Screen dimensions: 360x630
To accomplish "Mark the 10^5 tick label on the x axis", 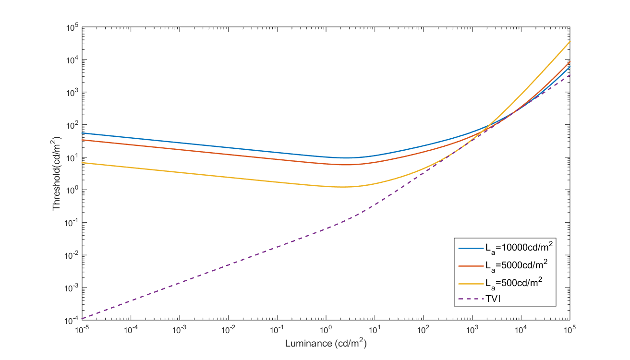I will pyautogui.click(x=569, y=330).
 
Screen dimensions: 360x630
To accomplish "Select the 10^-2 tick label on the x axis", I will pyautogui.click(x=228, y=330).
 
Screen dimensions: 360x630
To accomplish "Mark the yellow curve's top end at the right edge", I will pyautogui.click(x=569, y=42).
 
